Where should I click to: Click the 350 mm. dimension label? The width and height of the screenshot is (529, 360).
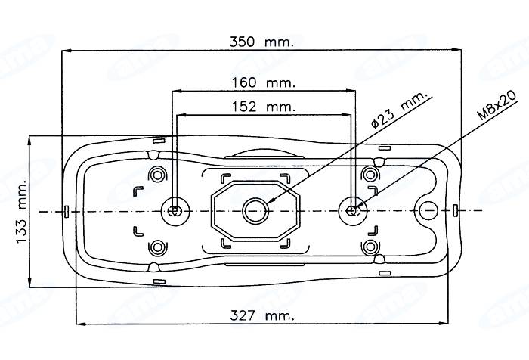[x=261, y=42]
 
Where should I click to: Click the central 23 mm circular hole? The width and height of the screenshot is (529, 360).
[x=255, y=210]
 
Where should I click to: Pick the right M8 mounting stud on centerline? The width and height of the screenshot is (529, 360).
[x=352, y=210]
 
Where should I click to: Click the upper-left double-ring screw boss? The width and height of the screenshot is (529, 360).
[x=157, y=174]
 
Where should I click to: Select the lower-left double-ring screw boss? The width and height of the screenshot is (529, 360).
[x=157, y=247]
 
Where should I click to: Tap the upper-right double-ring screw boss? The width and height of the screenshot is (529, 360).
[x=370, y=174]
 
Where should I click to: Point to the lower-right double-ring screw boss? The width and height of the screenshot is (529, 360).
[x=370, y=247]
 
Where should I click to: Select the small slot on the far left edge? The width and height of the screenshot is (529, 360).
[x=67, y=210]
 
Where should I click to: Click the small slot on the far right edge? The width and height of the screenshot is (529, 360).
[x=456, y=210]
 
